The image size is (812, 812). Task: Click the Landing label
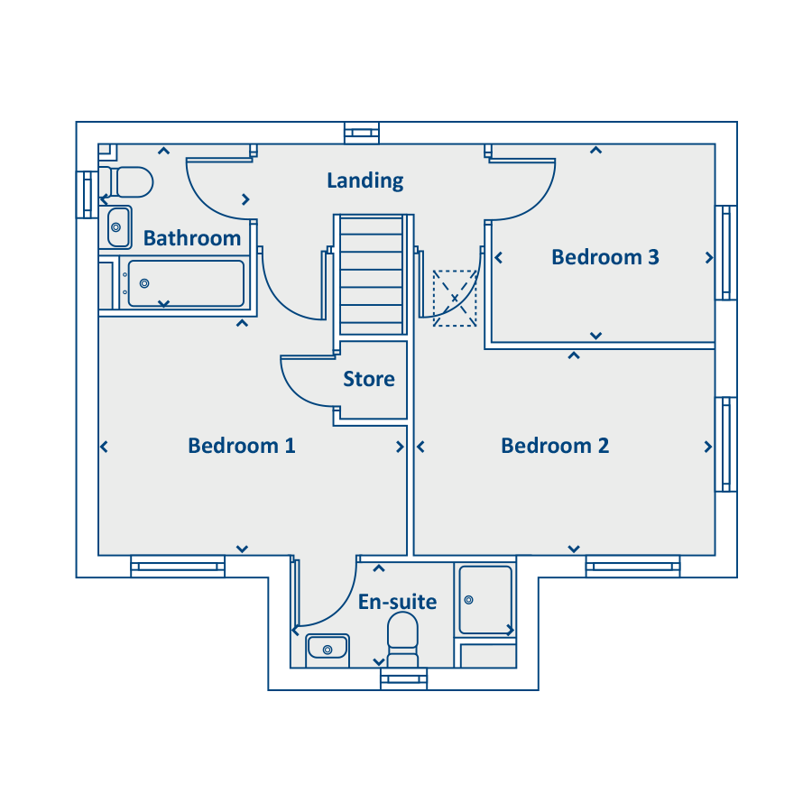pyautogui.click(x=365, y=180)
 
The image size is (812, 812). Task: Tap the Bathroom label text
pyautogui.click(x=192, y=238)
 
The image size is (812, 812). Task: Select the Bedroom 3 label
pyautogui.click(x=605, y=257)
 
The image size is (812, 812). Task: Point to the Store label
pyautogui.click(x=369, y=379)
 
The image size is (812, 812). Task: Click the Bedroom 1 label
pyautogui.click(x=242, y=446)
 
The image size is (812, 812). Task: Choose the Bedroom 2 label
pyautogui.click(x=555, y=446)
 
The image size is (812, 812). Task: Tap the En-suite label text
pyautogui.click(x=398, y=602)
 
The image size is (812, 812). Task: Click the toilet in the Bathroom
pyautogui.click(x=126, y=181)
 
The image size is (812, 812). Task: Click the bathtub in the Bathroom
pyautogui.click(x=185, y=284)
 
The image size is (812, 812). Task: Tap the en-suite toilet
pyautogui.click(x=403, y=640)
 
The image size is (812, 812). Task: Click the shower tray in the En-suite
pyautogui.click(x=485, y=600)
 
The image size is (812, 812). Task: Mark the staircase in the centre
pyautogui.click(x=372, y=275)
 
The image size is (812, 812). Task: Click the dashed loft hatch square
pyautogui.click(x=455, y=299)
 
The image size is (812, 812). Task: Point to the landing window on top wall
pyautogui.click(x=362, y=133)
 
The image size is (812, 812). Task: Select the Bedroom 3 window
pyautogui.click(x=726, y=253)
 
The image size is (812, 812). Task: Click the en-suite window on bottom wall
pyautogui.click(x=404, y=678)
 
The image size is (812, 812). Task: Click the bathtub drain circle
pyautogui.click(x=144, y=283)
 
